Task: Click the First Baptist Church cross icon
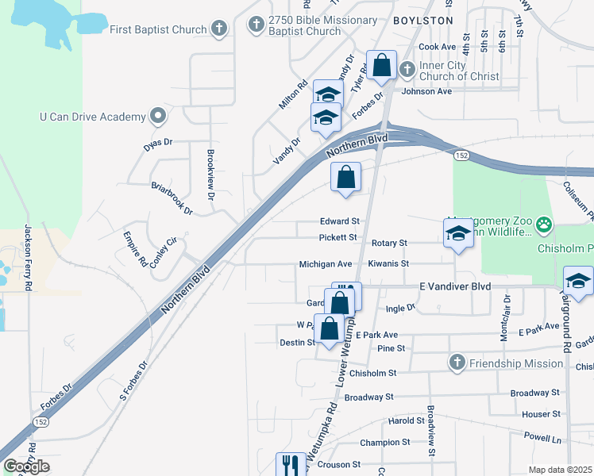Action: (x=219, y=30)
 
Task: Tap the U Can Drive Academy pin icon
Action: (x=158, y=117)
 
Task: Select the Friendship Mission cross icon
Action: (x=457, y=363)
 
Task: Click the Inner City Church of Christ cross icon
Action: (x=407, y=70)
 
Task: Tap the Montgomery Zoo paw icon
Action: (x=544, y=225)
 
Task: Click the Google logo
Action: (x=26, y=466)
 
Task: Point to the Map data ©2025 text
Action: (x=561, y=470)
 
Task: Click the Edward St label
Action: (x=340, y=221)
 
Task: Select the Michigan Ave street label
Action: (x=325, y=264)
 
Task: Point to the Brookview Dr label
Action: (x=211, y=163)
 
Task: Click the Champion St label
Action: (x=384, y=442)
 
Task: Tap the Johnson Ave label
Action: (x=426, y=91)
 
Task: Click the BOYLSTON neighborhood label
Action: (x=422, y=19)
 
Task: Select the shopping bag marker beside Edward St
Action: (x=346, y=178)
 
